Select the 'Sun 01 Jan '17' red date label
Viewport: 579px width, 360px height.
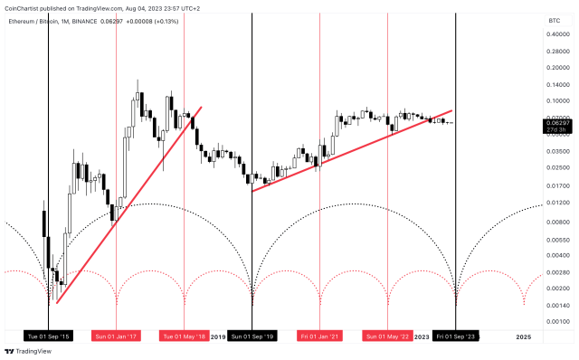coord(115,337)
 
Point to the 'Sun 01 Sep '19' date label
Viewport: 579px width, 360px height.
coord(251,337)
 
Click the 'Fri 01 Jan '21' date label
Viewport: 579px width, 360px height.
coord(320,337)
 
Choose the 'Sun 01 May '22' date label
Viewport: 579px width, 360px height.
coord(388,337)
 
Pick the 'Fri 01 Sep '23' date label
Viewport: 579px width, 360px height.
coord(456,337)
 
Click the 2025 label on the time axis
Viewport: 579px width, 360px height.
coord(524,337)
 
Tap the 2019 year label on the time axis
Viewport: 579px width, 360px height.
coord(217,337)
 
